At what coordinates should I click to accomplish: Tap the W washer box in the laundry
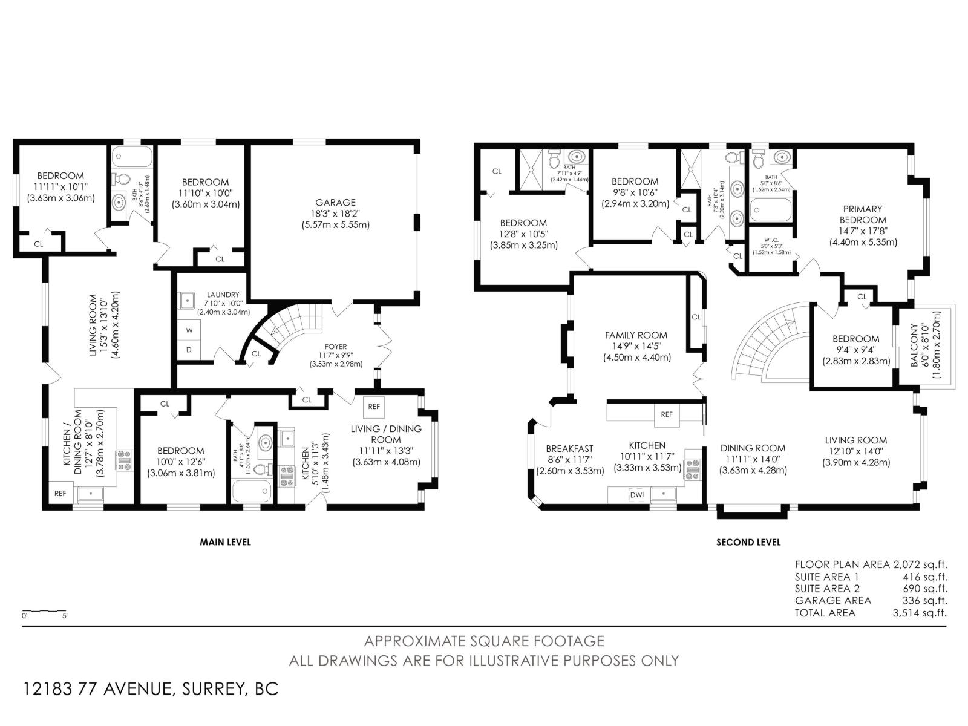(x=189, y=330)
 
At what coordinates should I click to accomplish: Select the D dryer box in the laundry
(x=189, y=350)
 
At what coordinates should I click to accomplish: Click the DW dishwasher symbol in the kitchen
(x=636, y=494)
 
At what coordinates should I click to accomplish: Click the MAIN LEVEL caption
(x=225, y=542)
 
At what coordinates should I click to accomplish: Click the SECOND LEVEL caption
(x=748, y=543)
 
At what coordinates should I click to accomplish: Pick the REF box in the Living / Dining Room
(x=374, y=407)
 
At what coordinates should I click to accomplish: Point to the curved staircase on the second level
(x=771, y=342)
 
